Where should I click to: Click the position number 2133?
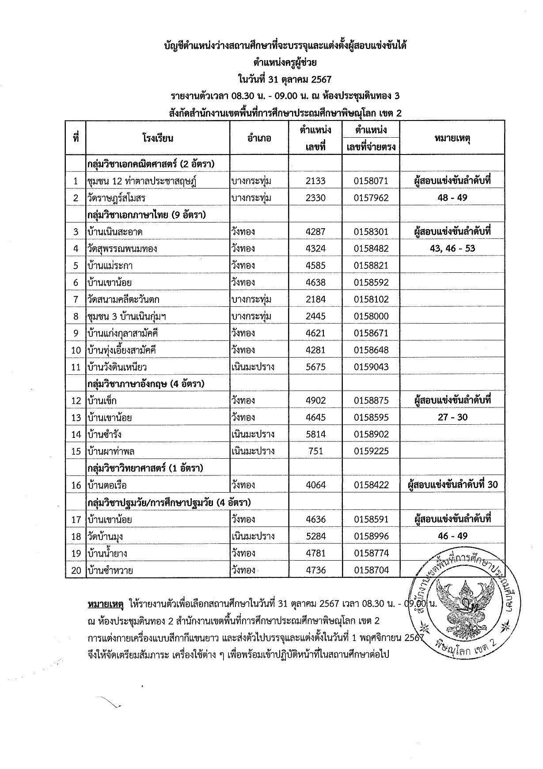(315, 181)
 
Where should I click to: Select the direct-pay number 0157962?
(371, 198)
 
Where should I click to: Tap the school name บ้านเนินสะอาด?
(115, 232)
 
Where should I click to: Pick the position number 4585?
(315, 265)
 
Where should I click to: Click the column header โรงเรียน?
(158, 138)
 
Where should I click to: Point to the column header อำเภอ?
(259, 138)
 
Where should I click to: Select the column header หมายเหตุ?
(452, 138)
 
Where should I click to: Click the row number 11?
(76, 367)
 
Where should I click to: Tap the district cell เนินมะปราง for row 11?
(253, 367)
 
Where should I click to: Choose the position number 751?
(315, 451)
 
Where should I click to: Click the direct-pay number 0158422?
(371, 485)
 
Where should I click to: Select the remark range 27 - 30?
(452, 417)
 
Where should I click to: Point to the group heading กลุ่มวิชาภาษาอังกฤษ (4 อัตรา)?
(146, 384)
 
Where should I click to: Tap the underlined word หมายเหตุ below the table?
(106, 603)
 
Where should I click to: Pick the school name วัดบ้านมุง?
(105, 536)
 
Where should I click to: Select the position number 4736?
(315, 570)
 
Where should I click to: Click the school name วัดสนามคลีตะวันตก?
(123, 299)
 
